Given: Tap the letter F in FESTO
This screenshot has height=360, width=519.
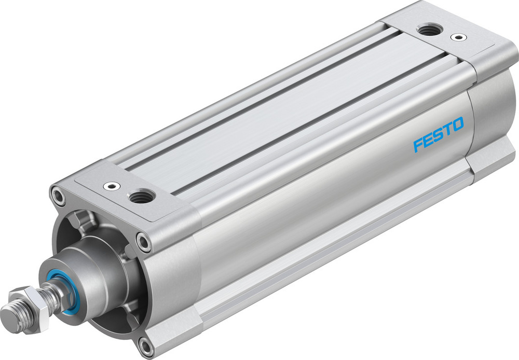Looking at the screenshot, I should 418,145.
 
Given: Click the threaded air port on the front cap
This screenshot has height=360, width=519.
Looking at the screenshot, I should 142,196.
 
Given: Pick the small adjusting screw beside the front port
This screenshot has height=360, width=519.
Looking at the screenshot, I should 110,185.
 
